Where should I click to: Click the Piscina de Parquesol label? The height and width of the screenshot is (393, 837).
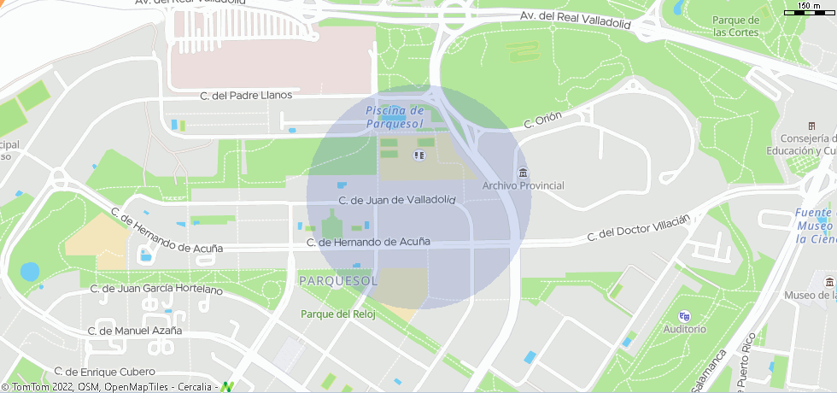click(394, 117)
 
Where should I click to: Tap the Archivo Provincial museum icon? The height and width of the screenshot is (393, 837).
click(523, 173)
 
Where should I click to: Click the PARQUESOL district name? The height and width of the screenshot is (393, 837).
click(338, 280)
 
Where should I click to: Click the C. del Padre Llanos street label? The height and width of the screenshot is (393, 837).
click(245, 96)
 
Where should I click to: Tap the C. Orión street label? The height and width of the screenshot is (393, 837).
click(541, 122)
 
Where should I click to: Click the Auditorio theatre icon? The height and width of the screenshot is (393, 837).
click(684, 316)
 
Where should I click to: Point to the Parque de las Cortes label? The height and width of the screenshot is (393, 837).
click(736, 26)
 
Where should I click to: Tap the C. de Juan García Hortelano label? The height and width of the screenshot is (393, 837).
click(156, 290)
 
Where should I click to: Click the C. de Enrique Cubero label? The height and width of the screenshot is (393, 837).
click(104, 372)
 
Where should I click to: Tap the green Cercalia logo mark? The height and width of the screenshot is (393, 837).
click(227, 386)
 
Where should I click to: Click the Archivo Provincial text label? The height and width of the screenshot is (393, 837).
click(523, 186)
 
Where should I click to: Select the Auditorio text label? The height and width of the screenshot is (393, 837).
click(685, 329)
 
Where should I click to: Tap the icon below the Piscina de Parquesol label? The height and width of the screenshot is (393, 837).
click(418, 155)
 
